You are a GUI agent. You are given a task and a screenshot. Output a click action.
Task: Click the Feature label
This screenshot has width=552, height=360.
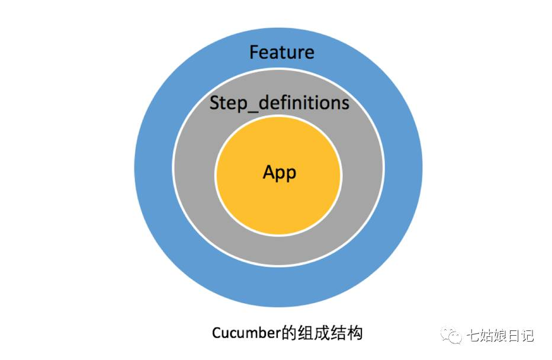click(x=281, y=53)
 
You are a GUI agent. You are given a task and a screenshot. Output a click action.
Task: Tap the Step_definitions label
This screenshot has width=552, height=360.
click(x=279, y=103)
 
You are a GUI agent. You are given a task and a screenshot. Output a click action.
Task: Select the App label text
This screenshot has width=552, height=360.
click(x=279, y=172)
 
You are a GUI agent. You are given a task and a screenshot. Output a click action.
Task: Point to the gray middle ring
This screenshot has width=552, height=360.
click(x=195, y=178)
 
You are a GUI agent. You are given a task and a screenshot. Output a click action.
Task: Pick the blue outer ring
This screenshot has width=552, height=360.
click(x=154, y=178)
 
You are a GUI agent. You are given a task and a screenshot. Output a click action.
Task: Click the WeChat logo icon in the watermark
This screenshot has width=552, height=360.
click(x=453, y=336)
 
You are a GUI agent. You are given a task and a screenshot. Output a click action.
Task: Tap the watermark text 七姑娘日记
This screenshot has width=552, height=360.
click(x=500, y=336)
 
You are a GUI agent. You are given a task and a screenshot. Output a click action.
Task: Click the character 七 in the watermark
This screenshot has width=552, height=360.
click(x=473, y=336)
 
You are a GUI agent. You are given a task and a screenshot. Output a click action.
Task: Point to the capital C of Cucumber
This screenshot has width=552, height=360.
click(x=216, y=333)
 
